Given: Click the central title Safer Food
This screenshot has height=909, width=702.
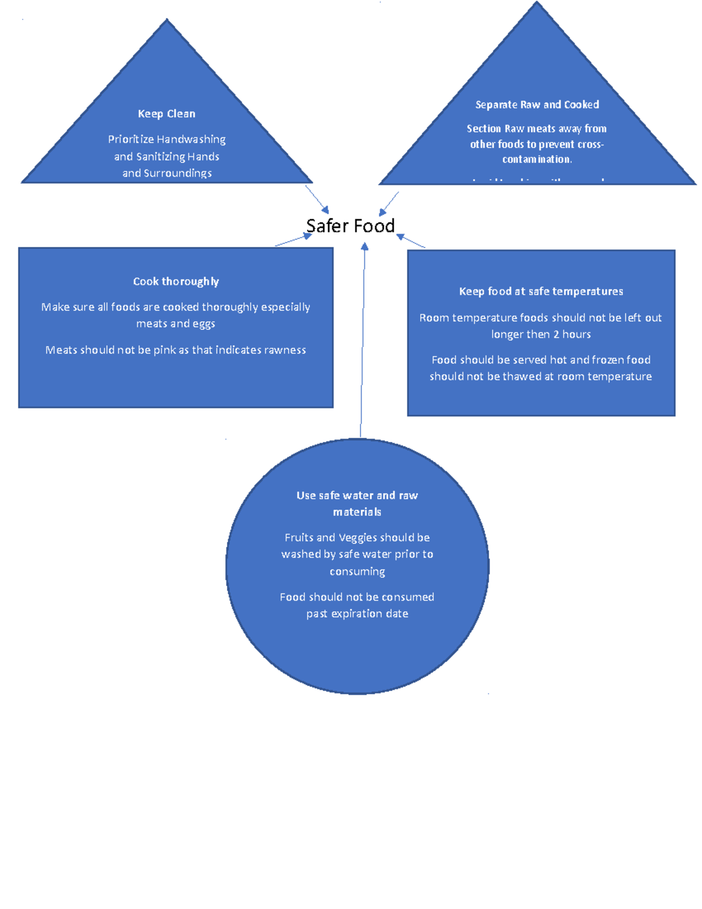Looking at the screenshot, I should coord(350,226).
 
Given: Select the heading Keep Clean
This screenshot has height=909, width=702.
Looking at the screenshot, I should coord(167,114).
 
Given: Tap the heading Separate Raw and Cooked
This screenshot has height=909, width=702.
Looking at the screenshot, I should coord(537,105).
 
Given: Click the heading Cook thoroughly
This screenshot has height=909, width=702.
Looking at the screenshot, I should coord(176,282).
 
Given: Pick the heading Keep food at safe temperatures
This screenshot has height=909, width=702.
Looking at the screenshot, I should coord(541,291).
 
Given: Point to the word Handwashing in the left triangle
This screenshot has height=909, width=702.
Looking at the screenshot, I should coord(191,139).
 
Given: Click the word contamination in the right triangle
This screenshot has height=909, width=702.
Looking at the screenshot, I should coord(537,159).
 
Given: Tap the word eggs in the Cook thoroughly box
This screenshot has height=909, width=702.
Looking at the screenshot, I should coord(204,324).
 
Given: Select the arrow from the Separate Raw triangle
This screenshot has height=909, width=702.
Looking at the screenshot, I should coord(389,204).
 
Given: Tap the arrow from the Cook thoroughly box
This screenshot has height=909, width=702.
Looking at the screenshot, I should coord(292,240).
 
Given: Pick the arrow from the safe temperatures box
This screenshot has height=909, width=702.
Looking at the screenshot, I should coord(411,241).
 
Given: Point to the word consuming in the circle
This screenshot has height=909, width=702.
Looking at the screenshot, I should coord(357,571).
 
